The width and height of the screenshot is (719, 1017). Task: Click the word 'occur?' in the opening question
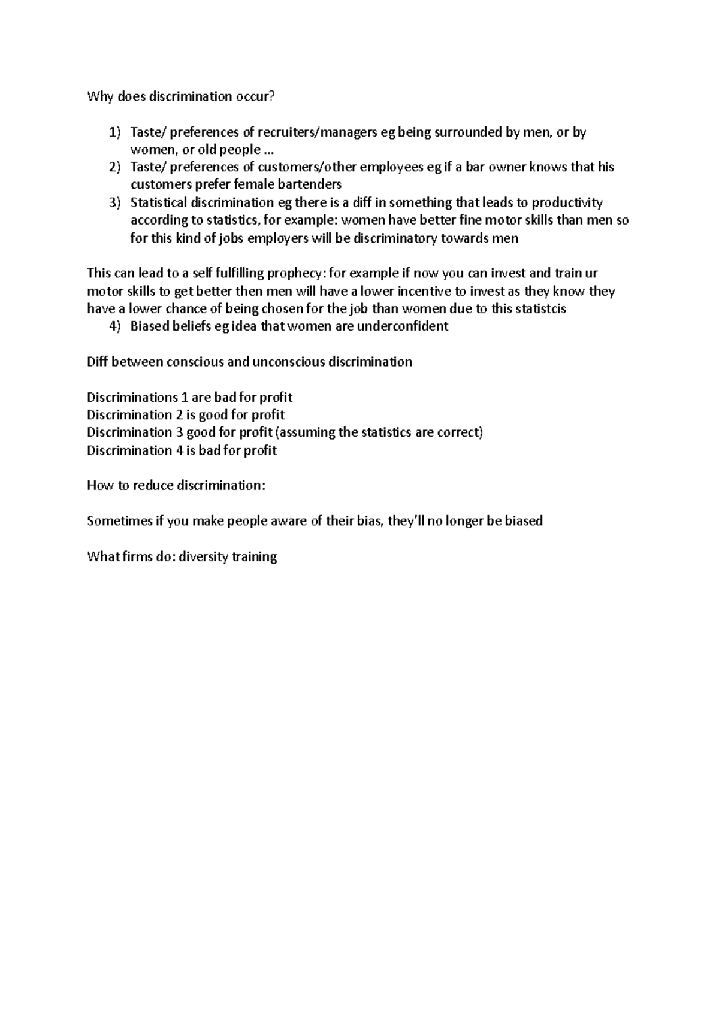coord(255,97)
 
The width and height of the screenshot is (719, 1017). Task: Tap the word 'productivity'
coord(567,202)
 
